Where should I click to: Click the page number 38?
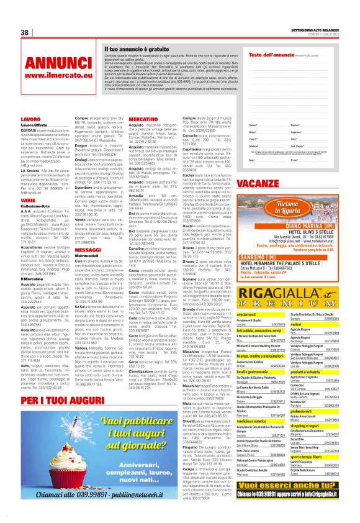[25, 32]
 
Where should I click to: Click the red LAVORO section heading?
[30, 118]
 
